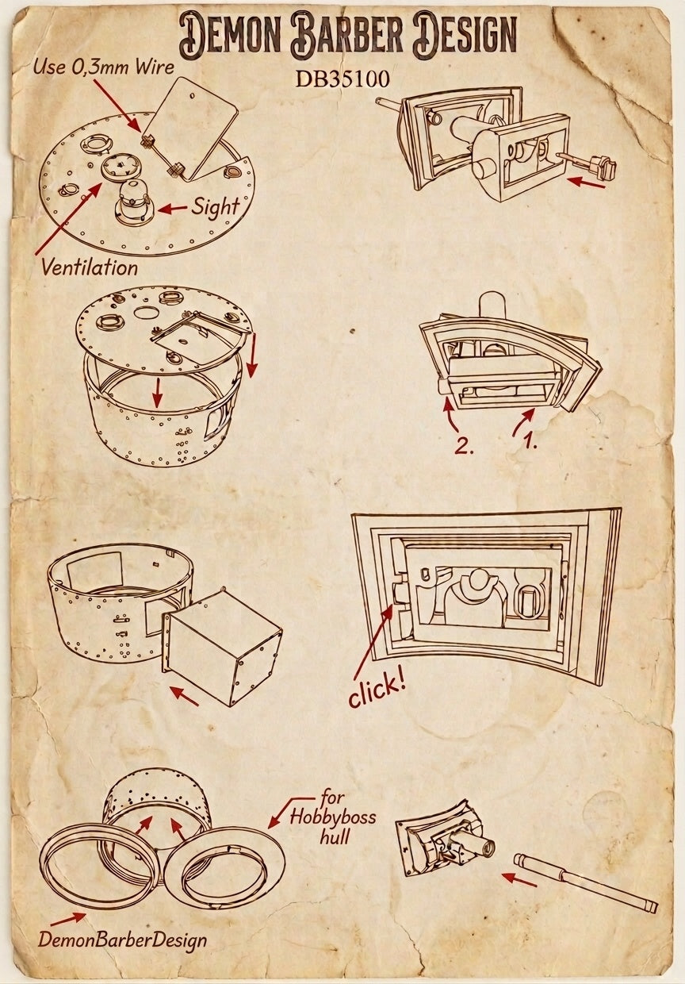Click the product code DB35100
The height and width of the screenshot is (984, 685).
342,79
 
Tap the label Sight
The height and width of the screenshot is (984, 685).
216,207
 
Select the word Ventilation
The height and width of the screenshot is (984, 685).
90,267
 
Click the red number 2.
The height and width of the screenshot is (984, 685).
463,447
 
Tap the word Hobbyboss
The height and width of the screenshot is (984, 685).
333,817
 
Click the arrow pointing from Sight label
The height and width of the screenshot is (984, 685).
172,209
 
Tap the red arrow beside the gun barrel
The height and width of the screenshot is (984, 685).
520,878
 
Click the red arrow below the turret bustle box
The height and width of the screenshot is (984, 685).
184,696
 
